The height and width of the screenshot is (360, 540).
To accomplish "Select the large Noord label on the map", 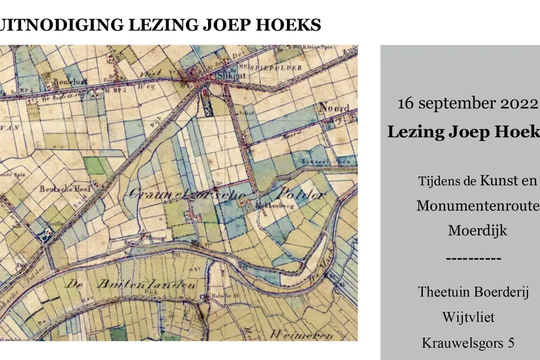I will (x=334, y=108).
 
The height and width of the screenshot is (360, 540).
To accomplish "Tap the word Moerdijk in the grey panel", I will (x=477, y=230).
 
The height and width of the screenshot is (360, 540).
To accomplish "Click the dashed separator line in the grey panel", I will (x=474, y=258).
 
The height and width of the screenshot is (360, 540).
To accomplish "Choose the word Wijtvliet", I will (x=468, y=317).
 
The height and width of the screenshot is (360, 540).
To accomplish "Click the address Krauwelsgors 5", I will (x=468, y=342).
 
